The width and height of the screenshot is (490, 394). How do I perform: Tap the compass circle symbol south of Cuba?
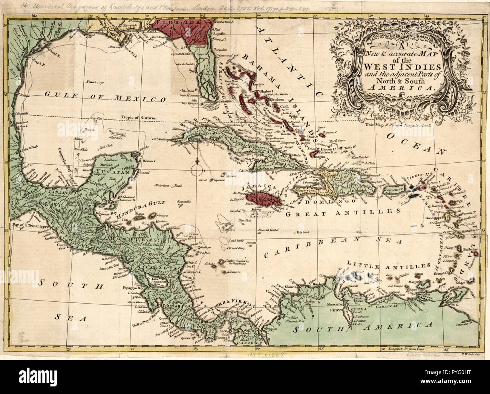[x=197, y=171]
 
